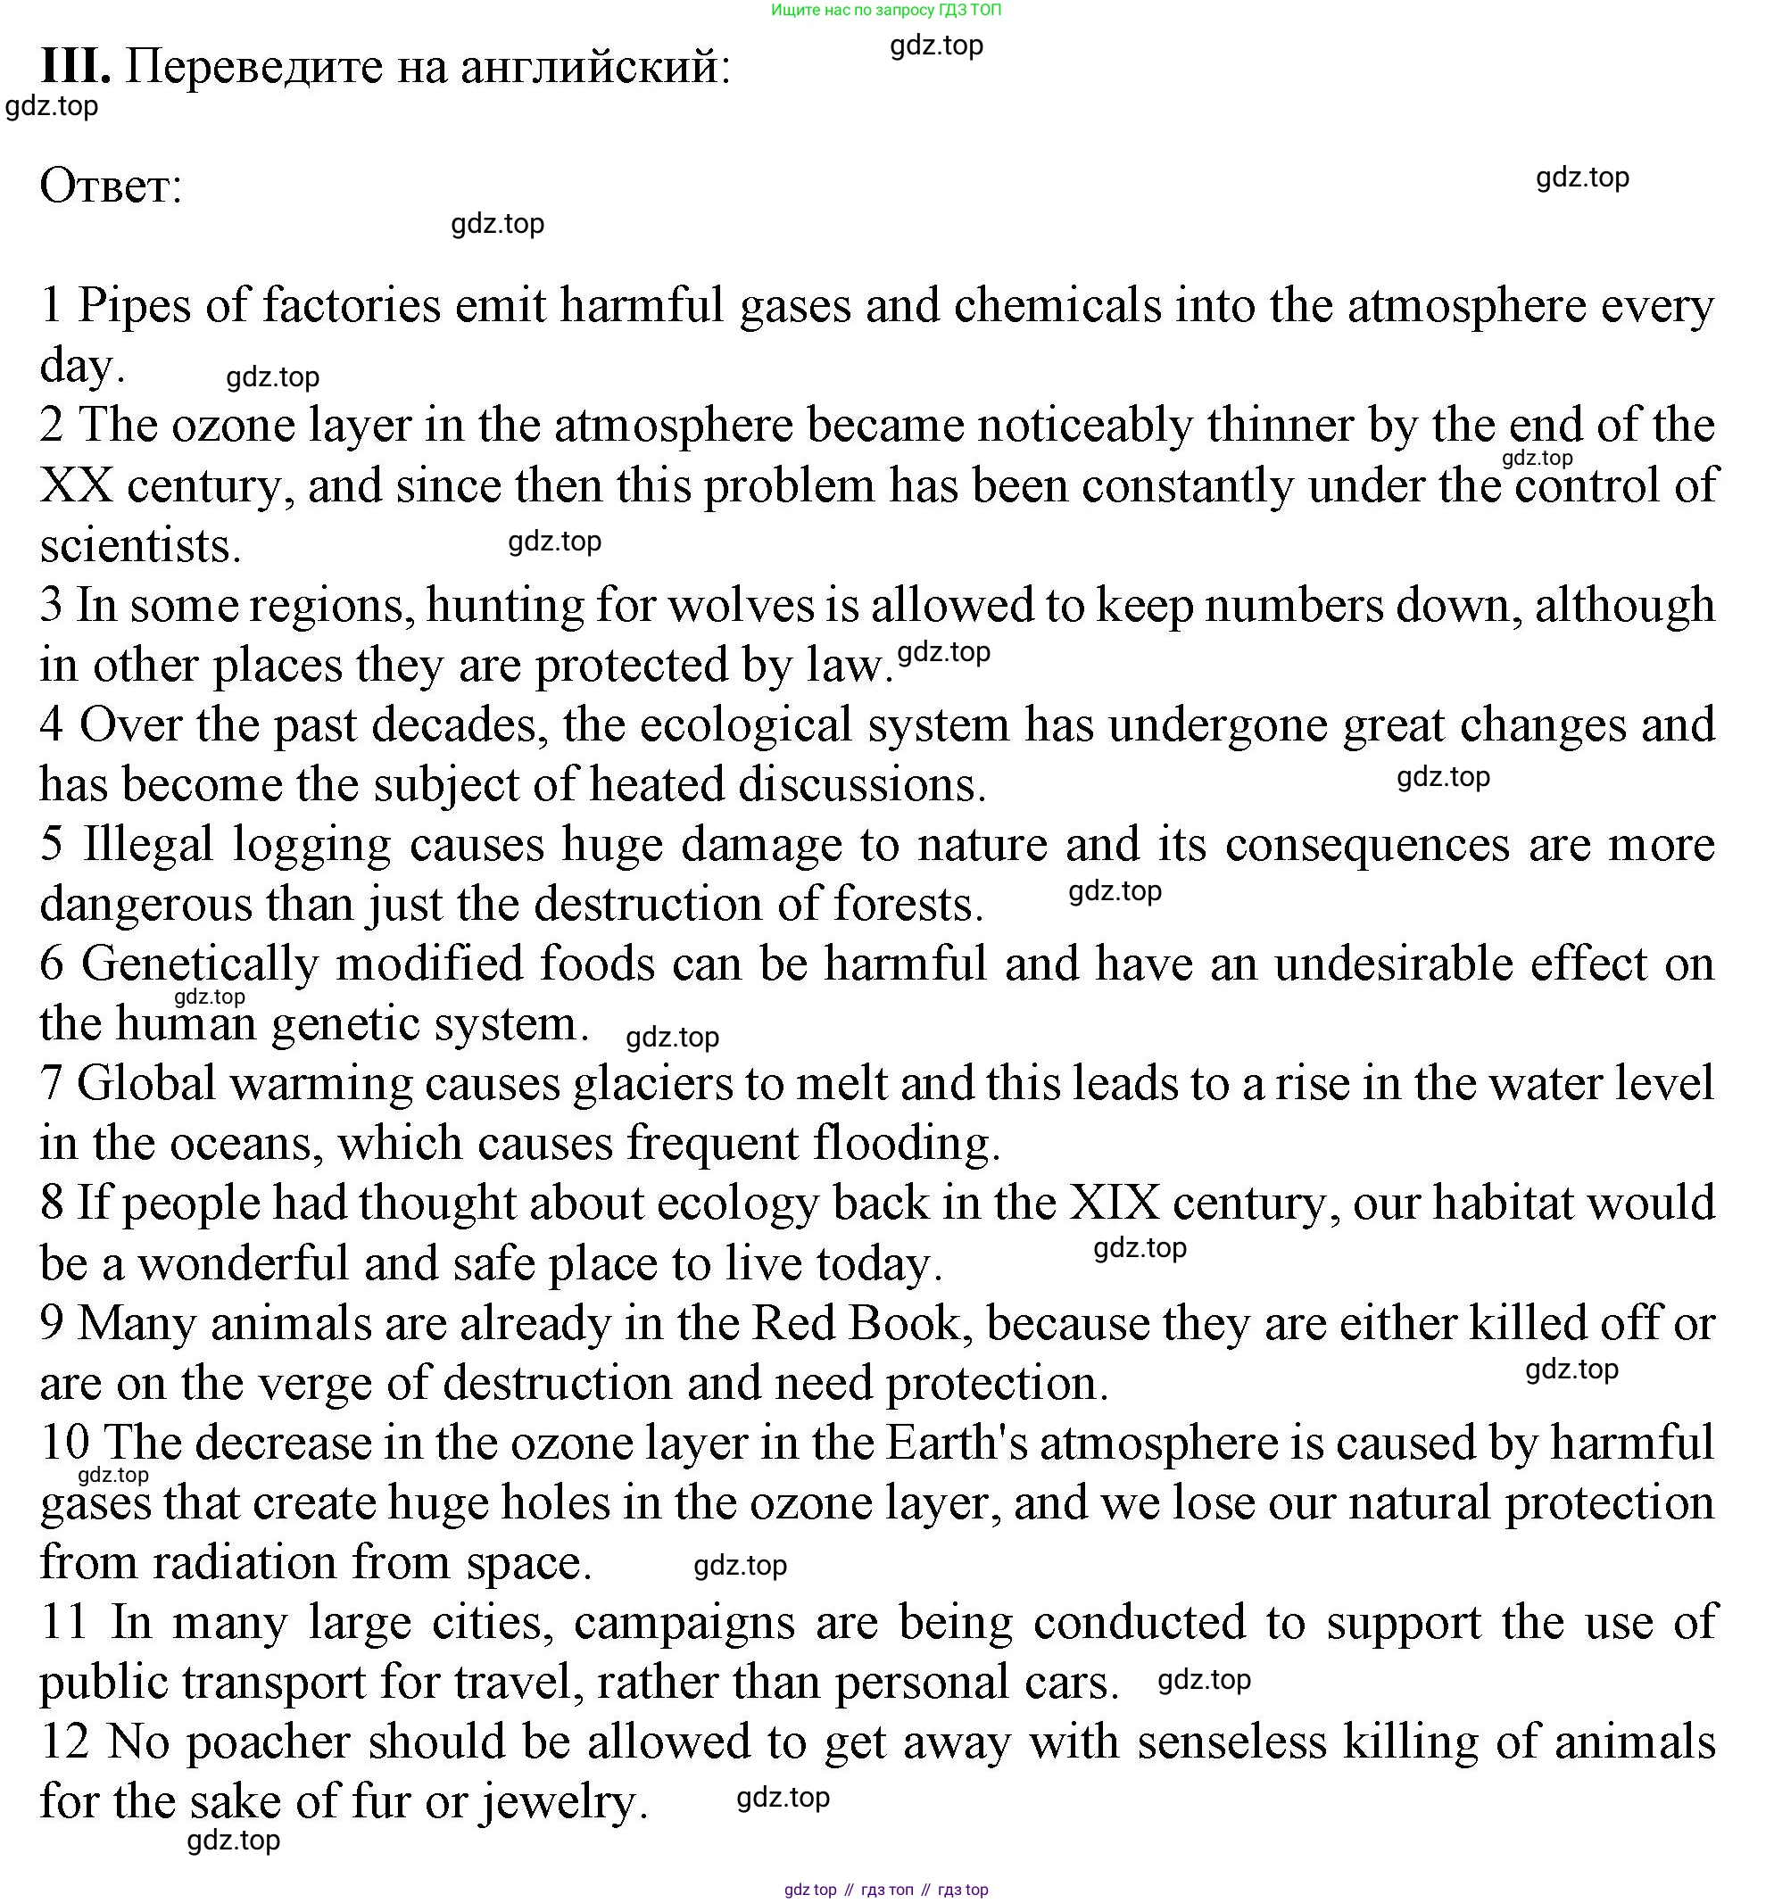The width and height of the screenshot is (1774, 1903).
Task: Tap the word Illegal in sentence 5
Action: point(147,844)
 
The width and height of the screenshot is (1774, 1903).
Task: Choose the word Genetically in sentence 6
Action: point(199,964)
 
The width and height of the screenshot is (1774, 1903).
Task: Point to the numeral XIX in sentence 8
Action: point(1114,1204)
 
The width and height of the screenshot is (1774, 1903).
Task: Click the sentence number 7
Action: point(51,1084)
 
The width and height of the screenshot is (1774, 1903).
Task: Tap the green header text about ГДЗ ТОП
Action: point(885,11)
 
